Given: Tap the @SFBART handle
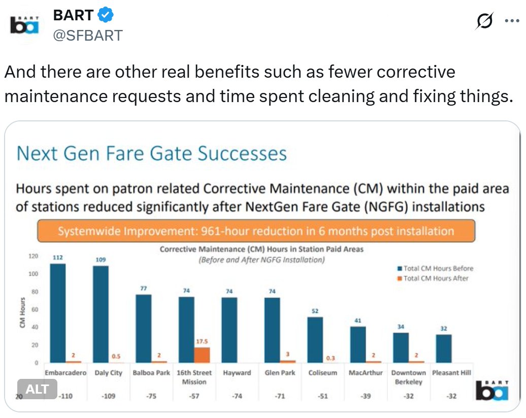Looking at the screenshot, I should pos(87,36).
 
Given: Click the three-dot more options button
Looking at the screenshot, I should pos(511,21).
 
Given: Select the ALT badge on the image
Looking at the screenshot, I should pos(37,389).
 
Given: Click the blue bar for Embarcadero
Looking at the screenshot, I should pos(58,313).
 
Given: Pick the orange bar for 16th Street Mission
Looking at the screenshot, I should pos(202,355).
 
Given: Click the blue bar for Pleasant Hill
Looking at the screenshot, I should pos(443,348).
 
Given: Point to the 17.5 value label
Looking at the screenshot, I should pos(202,342).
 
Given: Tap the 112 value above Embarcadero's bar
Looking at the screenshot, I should pos(58,258).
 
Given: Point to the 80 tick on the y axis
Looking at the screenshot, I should pos(35,292).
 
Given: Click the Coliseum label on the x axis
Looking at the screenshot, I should pos(323,373).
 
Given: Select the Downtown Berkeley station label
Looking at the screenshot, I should pos(409,377).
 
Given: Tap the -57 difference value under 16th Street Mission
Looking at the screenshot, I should pos(194,397).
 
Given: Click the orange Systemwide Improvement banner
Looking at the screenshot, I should pos(256,232).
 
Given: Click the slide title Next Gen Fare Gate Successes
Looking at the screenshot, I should pos(151,153).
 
